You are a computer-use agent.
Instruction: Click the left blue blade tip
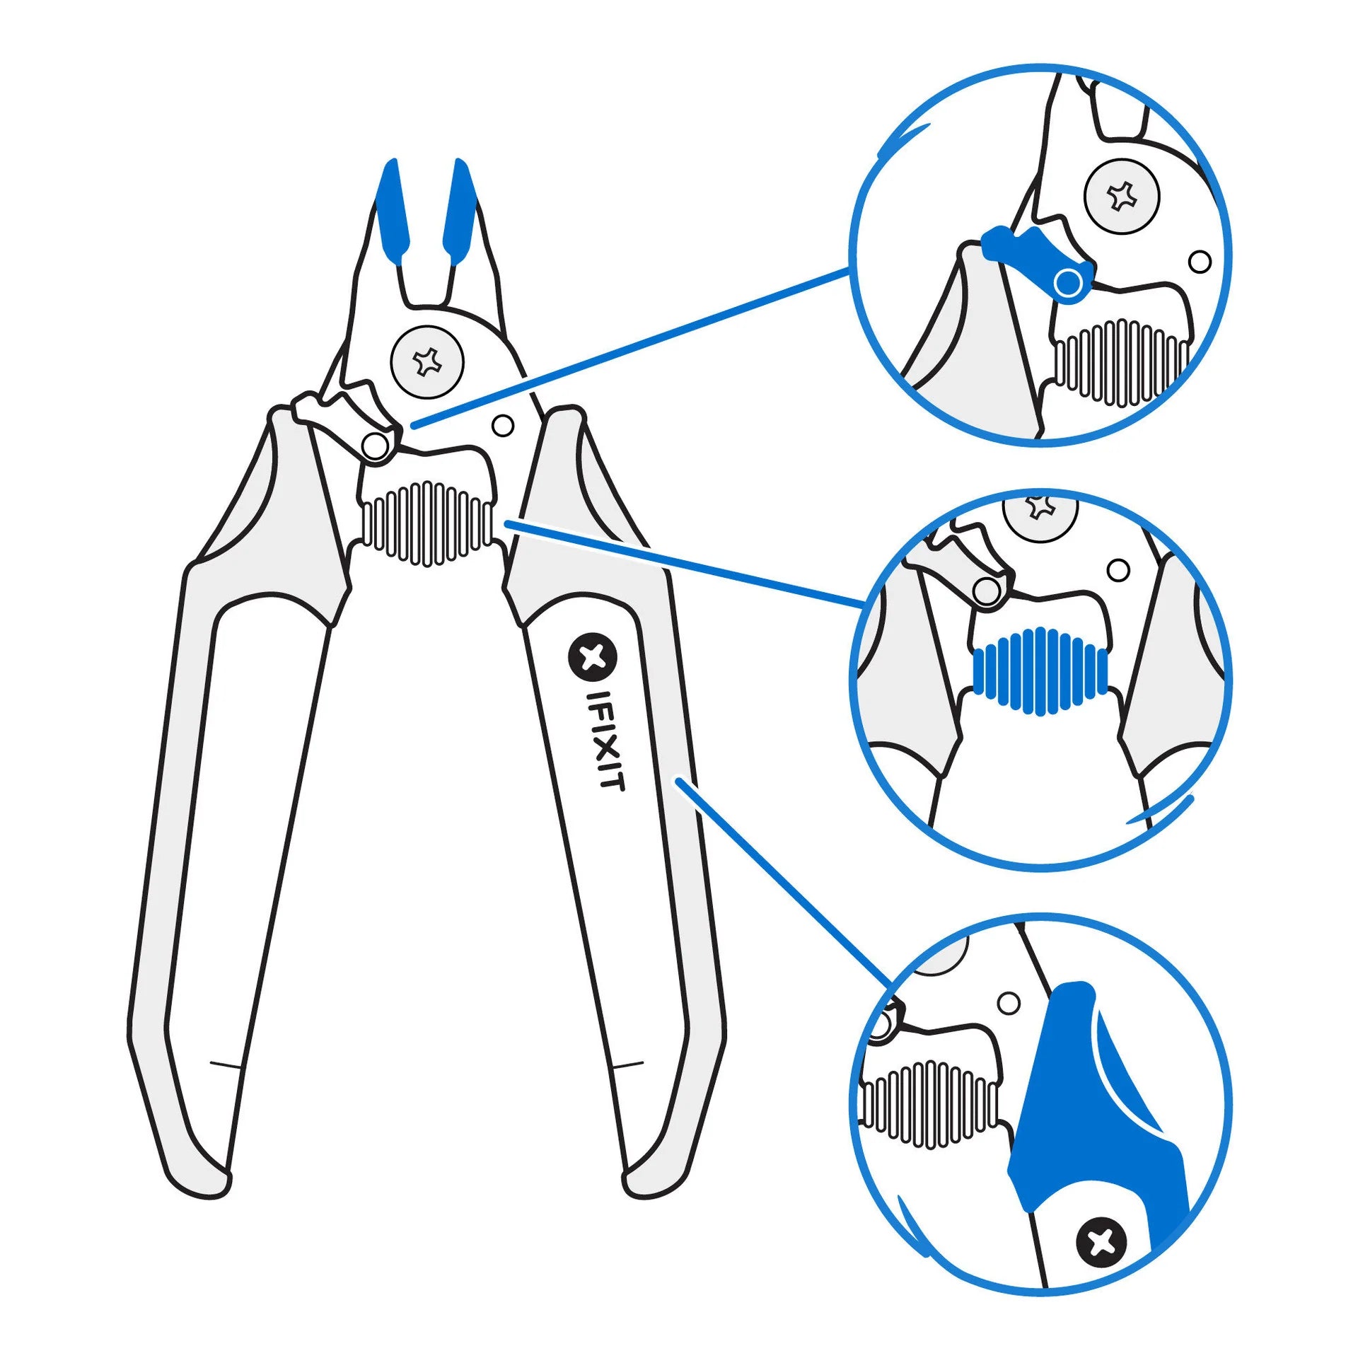click(x=393, y=211)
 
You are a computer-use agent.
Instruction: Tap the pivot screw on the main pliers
click(x=427, y=361)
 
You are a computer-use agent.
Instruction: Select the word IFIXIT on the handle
click(x=607, y=741)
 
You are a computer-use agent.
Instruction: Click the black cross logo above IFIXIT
click(x=593, y=657)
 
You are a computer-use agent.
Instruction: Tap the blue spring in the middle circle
click(x=1039, y=669)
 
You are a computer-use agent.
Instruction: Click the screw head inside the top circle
click(x=1122, y=196)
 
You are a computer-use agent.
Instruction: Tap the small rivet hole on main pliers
click(x=503, y=426)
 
